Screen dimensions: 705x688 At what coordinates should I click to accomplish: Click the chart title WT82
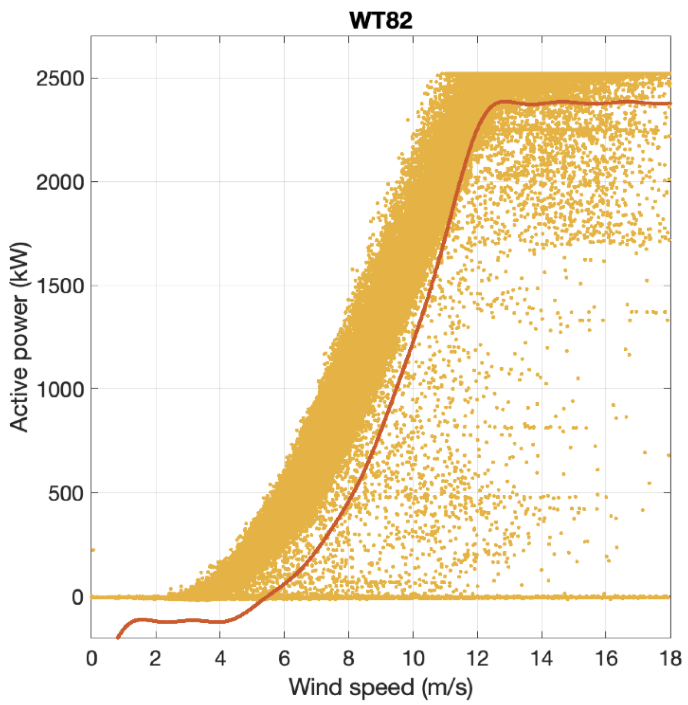click(381, 20)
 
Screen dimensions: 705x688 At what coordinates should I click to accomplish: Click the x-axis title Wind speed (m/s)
click(381, 687)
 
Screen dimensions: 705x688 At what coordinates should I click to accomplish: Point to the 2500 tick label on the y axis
click(60, 79)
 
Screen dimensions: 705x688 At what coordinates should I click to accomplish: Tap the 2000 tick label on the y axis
click(60, 182)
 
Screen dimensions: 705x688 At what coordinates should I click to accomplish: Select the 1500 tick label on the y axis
click(60, 285)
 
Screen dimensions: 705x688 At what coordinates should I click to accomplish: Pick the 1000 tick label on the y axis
click(60, 389)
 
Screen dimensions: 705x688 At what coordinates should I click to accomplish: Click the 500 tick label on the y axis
click(66, 493)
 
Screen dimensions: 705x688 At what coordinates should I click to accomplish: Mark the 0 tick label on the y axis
click(77, 597)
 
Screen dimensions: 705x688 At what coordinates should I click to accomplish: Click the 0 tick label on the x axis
click(92, 658)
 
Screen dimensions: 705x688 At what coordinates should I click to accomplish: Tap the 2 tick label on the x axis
click(156, 658)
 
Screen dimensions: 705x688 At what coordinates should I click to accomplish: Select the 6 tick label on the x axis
click(284, 658)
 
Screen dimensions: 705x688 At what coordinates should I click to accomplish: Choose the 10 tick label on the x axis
click(413, 658)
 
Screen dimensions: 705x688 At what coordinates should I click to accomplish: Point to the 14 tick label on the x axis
click(542, 658)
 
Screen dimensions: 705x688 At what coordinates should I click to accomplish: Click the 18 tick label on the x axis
click(670, 658)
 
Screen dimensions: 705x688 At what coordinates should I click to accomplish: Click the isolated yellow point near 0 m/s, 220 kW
click(93, 550)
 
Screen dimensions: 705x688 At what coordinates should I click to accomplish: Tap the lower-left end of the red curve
click(118, 637)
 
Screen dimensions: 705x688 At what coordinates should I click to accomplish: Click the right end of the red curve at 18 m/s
click(669, 104)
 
